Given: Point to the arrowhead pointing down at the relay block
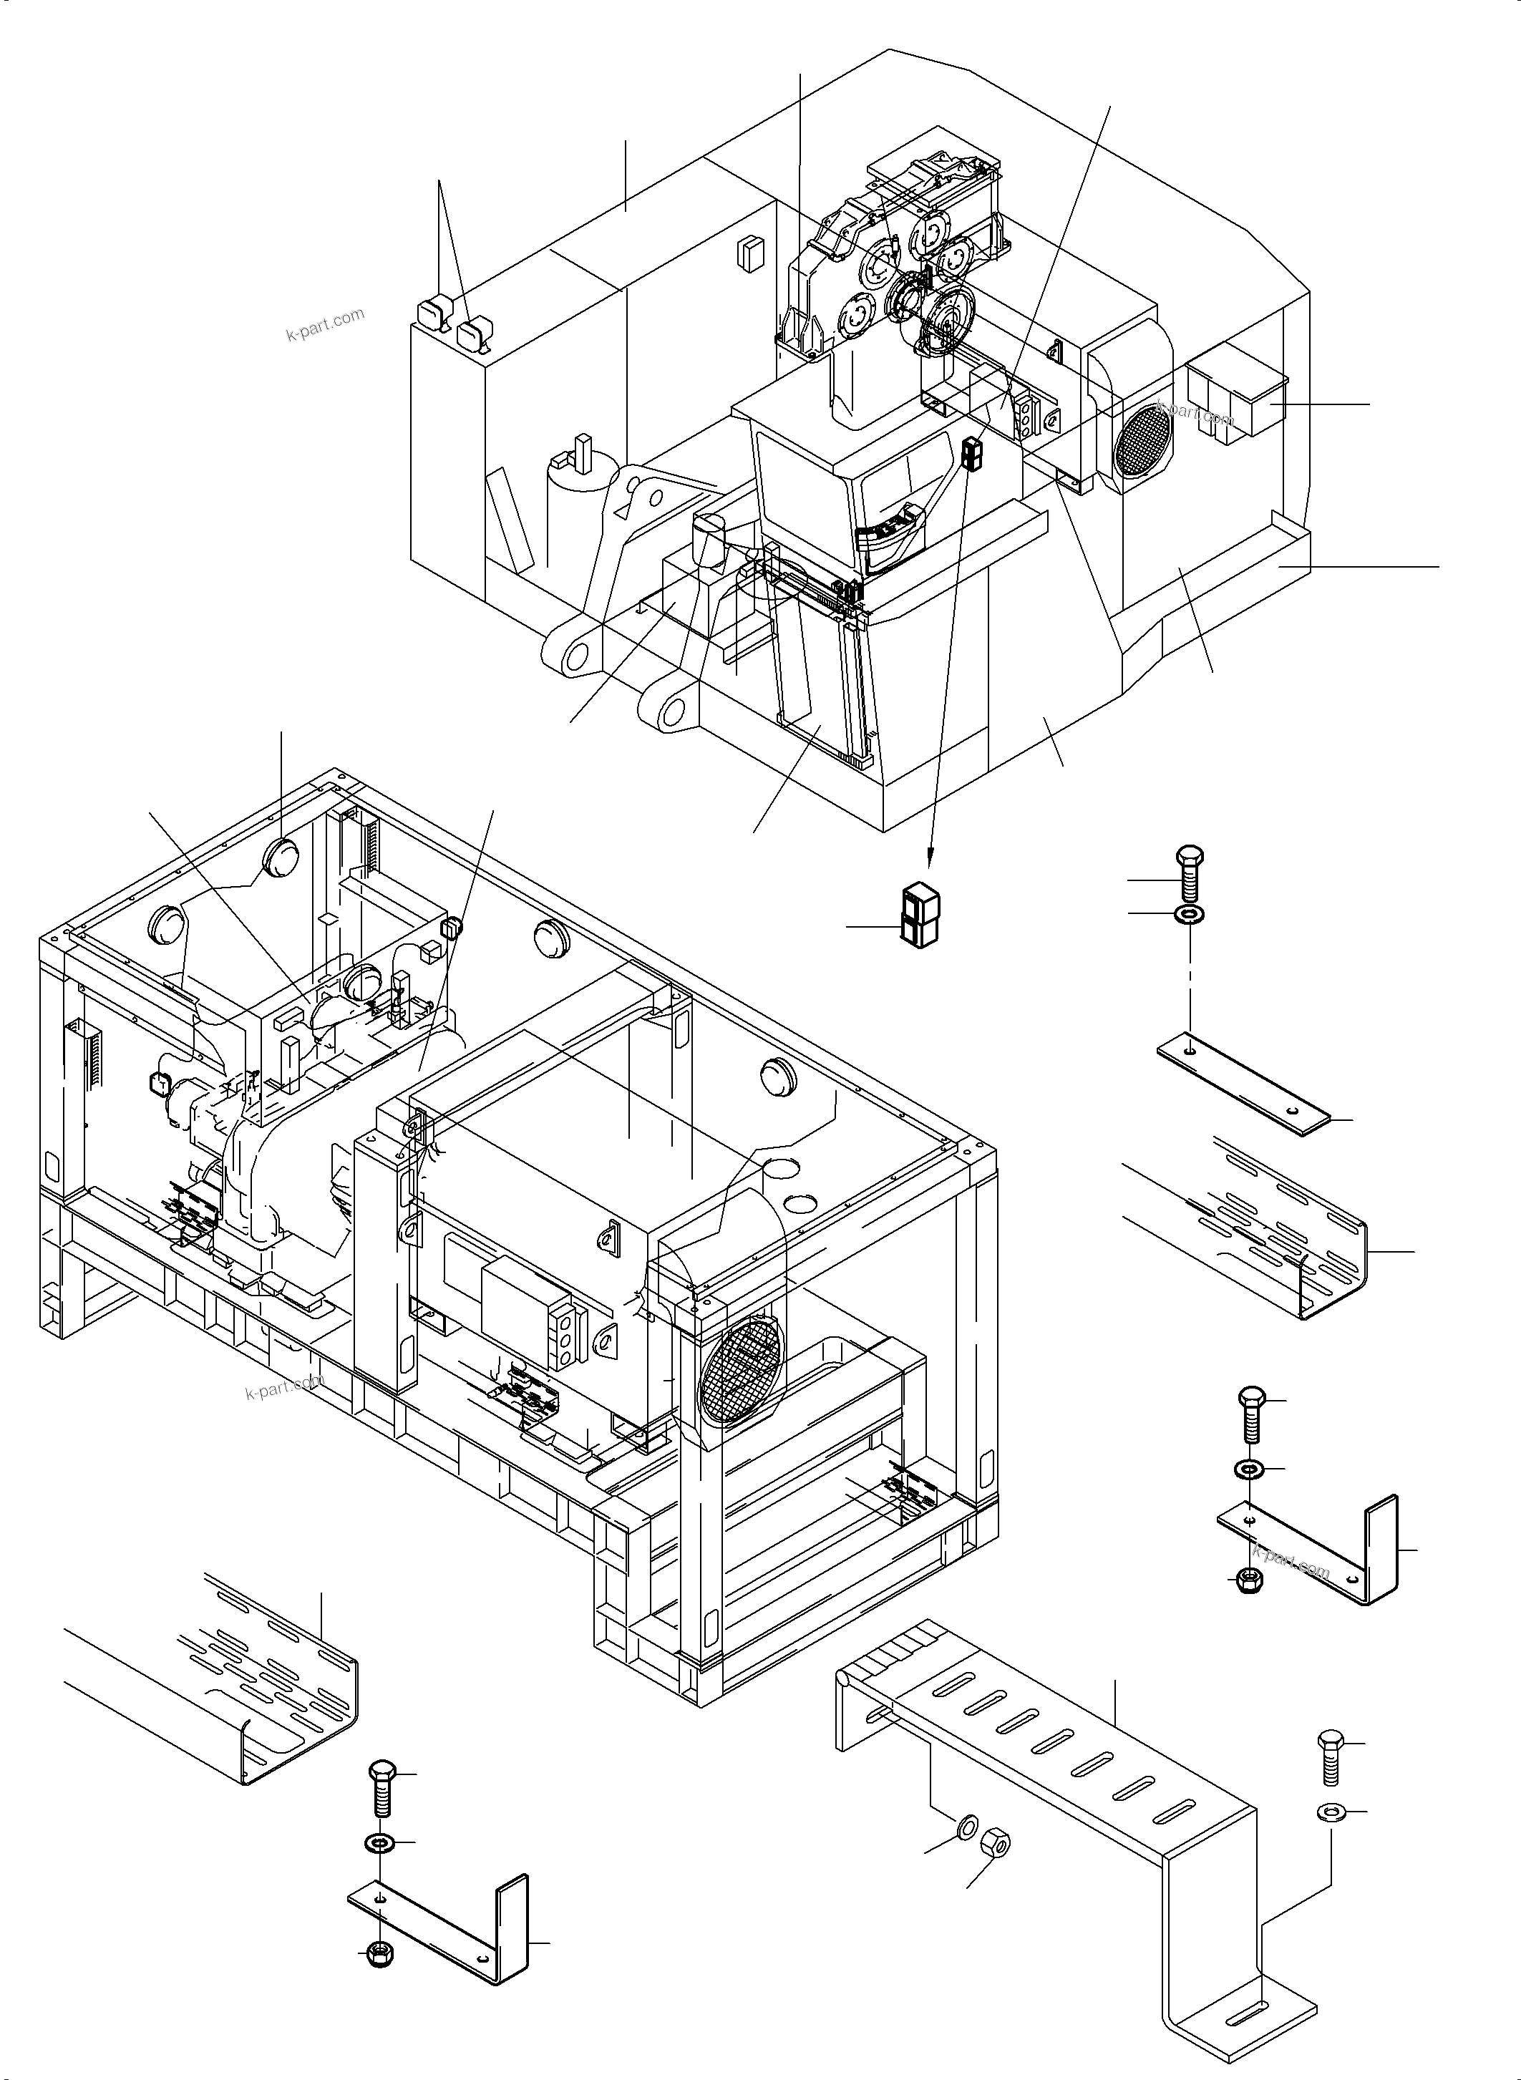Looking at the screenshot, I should click(x=930, y=861).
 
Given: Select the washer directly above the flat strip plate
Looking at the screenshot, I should click(x=1190, y=914).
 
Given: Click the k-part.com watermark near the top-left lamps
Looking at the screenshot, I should click(x=325, y=324).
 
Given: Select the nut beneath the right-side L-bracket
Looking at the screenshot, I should click(x=1250, y=1578).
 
